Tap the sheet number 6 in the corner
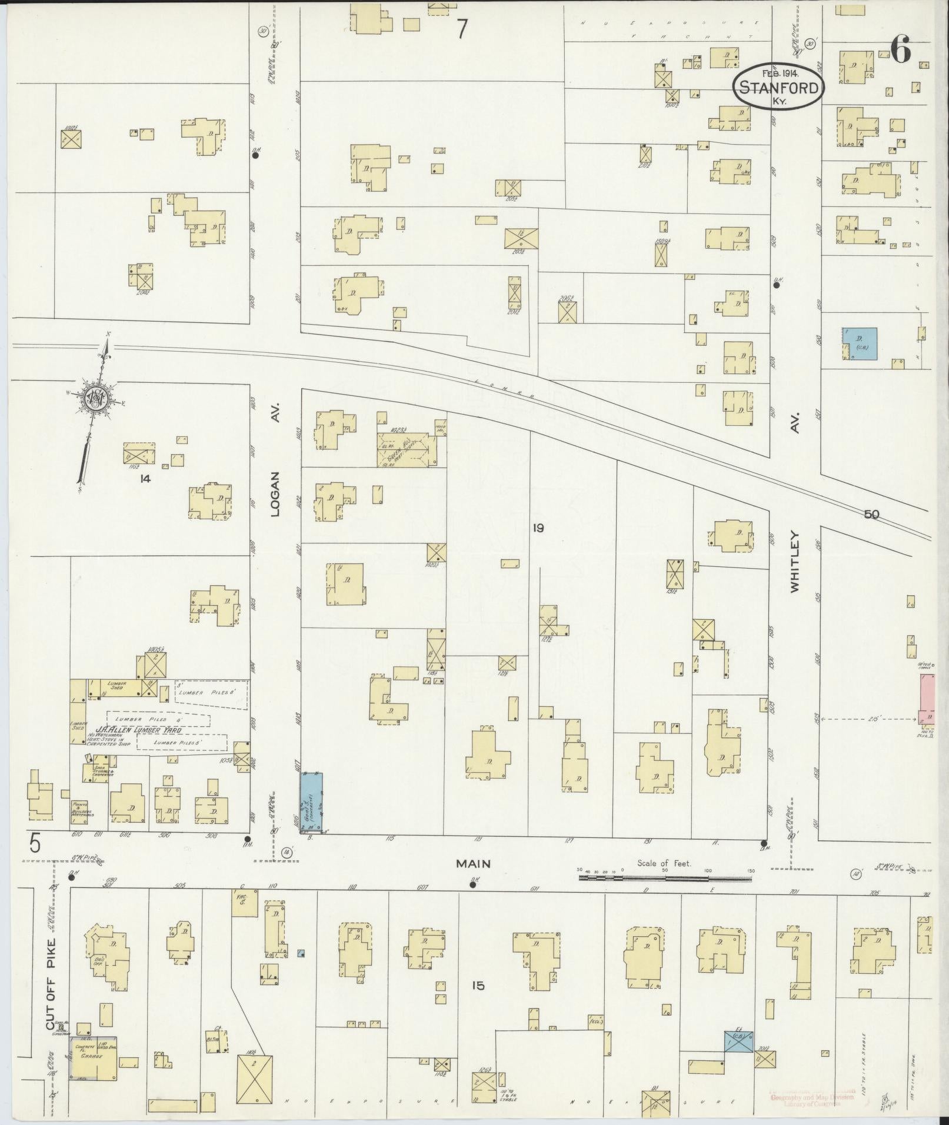(900, 50)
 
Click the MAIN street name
(473, 864)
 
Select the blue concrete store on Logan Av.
(312, 803)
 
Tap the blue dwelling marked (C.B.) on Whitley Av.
(860, 344)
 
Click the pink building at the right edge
(926, 699)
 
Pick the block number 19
(538, 528)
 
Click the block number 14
(145, 479)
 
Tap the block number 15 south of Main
(477, 985)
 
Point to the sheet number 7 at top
(463, 29)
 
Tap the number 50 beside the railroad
(871, 515)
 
